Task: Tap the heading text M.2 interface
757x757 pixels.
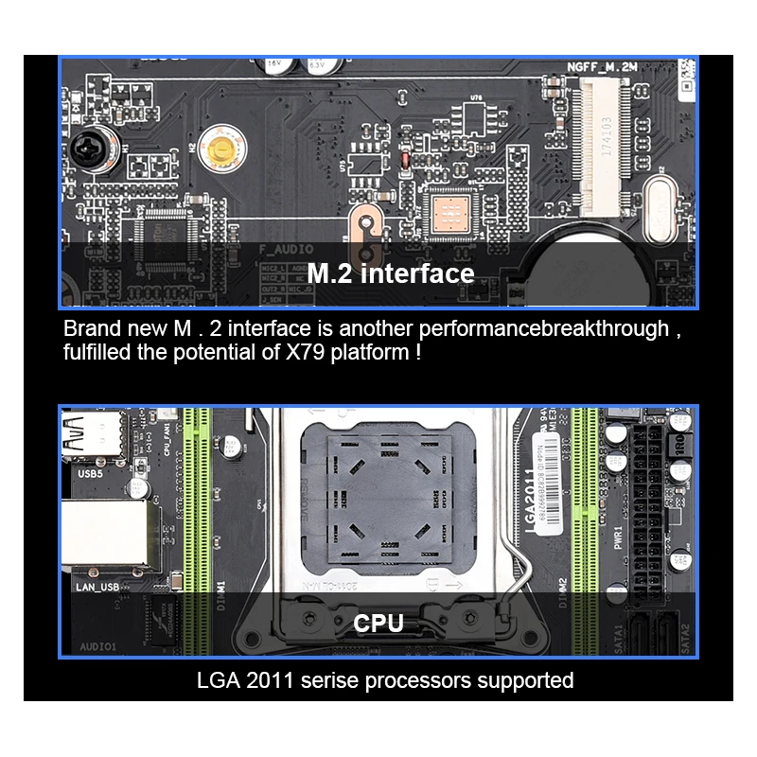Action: click(391, 274)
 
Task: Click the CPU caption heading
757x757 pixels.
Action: click(378, 624)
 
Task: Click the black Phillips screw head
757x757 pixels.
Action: click(86, 150)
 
